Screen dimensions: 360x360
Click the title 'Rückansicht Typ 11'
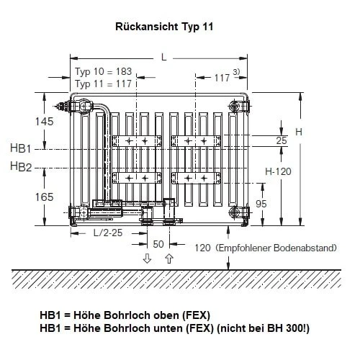coord(164,27)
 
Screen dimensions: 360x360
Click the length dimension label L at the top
coord(164,58)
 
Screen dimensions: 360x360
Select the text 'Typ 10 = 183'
coord(103,71)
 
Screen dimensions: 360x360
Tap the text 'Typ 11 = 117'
coord(103,84)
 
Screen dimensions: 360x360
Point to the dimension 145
coord(45,122)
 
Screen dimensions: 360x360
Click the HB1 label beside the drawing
coord(21,148)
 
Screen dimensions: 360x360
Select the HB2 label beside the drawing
coord(21,166)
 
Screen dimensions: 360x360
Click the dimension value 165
coord(45,197)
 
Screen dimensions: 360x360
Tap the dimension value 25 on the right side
coord(282,140)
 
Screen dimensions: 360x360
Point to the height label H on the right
coord(299,132)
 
